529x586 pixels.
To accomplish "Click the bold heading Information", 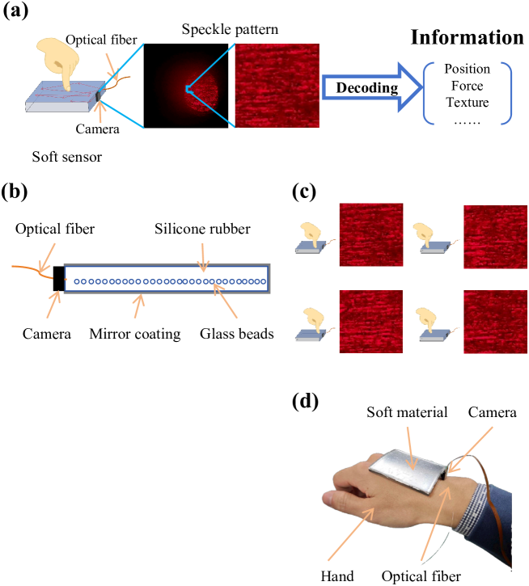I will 467,37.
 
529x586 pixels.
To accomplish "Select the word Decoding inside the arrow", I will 368,87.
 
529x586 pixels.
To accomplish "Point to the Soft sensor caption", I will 66,157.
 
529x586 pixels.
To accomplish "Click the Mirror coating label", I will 134,333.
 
